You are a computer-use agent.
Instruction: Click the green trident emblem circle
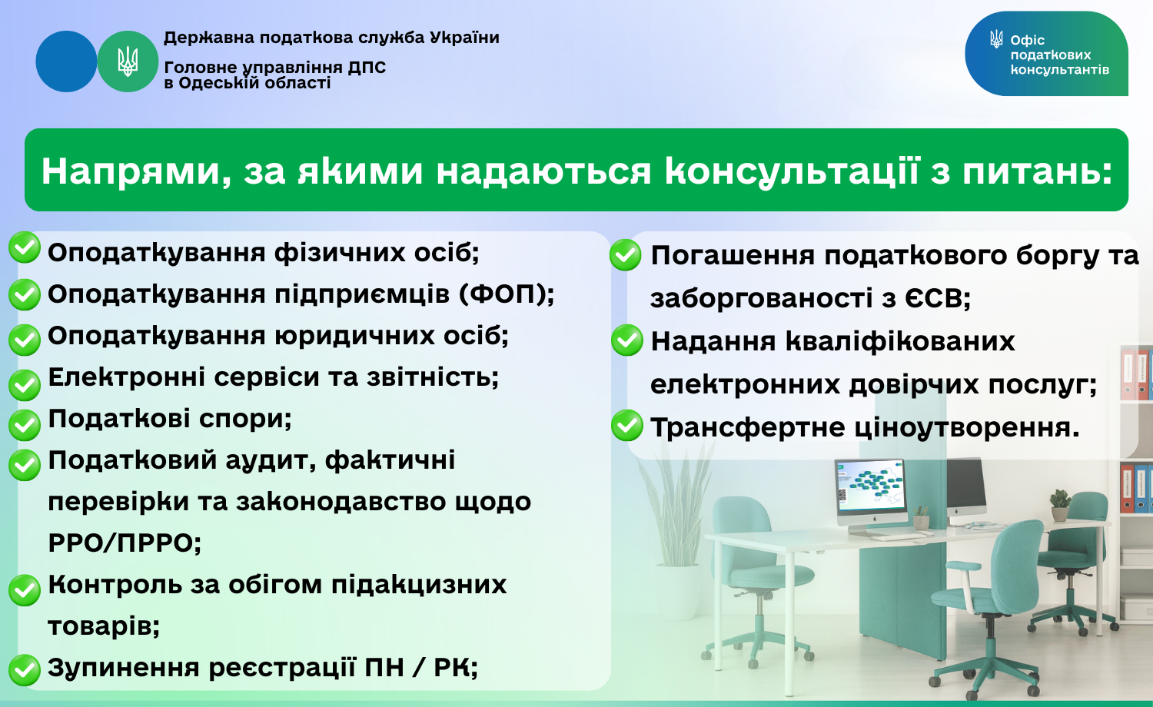(x=128, y=61)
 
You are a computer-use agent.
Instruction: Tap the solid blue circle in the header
(x=66, y=61)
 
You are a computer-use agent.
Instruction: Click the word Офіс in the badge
(x=1028, y=40)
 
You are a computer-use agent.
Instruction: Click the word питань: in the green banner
(x=1038, y=172)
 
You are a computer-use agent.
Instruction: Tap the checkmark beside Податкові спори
(x=24, y=424)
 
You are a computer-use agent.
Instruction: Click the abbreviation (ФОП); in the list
(x=507, y=294)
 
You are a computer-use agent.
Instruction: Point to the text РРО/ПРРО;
(x=125, y=543)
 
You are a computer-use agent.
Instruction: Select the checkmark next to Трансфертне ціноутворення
(x=627, y=425)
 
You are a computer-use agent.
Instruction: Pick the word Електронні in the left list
(x=127, y=377)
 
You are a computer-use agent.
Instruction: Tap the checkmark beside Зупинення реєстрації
(x=24, y=670)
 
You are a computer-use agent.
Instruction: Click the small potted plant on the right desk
(x=1060, y=506)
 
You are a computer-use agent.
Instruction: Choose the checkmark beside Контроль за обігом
(x=24, y=589)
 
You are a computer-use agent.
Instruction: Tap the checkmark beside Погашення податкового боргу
(x=626, y=254)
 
